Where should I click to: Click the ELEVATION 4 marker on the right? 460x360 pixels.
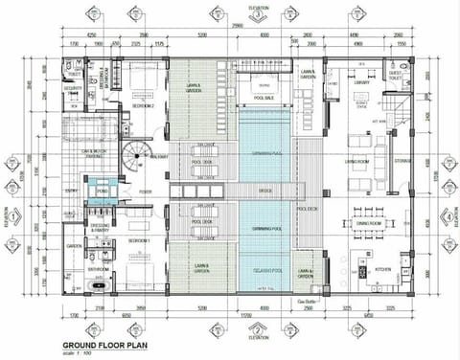click(x=448, y=215)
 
